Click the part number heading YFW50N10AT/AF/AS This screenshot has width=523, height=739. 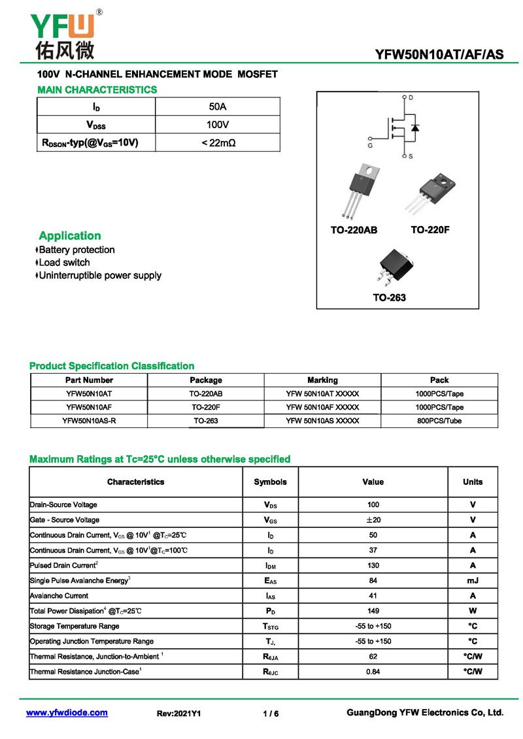[x=439, y=55]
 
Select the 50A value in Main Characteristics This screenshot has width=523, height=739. [x=217, y=107]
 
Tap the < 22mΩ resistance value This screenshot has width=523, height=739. [x=217, y=142]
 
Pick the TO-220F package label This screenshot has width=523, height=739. [x=430, y=230]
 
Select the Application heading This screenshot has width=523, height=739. [x=70, y=236]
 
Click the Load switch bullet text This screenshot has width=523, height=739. [x=64, y=263]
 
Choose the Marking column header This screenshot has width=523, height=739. [x=322, y=380]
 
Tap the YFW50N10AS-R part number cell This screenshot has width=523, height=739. [x=89, y=421]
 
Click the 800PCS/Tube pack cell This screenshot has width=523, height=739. [x=439, y=421]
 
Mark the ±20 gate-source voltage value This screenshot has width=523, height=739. [x=373, y=520]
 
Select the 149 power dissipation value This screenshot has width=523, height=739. [x=373, y=611]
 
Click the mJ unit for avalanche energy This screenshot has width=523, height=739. [x=473, y=580]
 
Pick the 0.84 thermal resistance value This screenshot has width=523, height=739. [x=373, y=672]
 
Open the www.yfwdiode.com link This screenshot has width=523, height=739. [x=67, y=713]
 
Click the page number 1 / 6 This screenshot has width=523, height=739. [x=271, y=714]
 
